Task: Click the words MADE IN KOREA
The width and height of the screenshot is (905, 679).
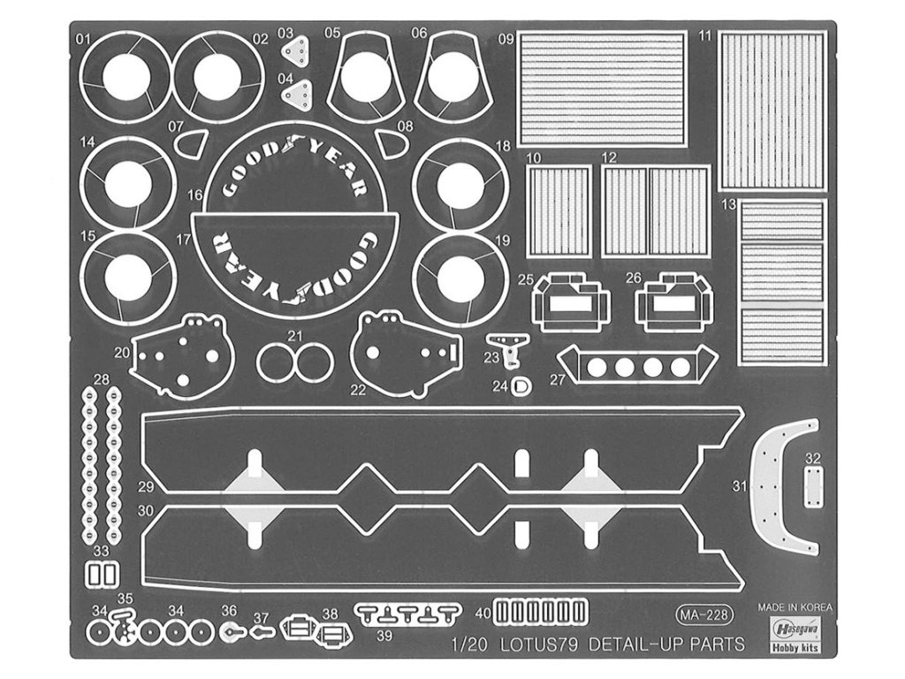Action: [x=795, y=607]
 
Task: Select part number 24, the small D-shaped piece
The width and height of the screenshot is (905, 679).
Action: [x=522, y=385]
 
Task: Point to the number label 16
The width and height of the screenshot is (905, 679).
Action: [x=195, y=195]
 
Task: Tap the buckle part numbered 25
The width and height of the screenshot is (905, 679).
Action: [x=572, y=301]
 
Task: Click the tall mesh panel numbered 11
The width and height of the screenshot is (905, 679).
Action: [x=772, y=110]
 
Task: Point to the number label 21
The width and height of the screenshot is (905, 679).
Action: [x=295, y=335]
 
